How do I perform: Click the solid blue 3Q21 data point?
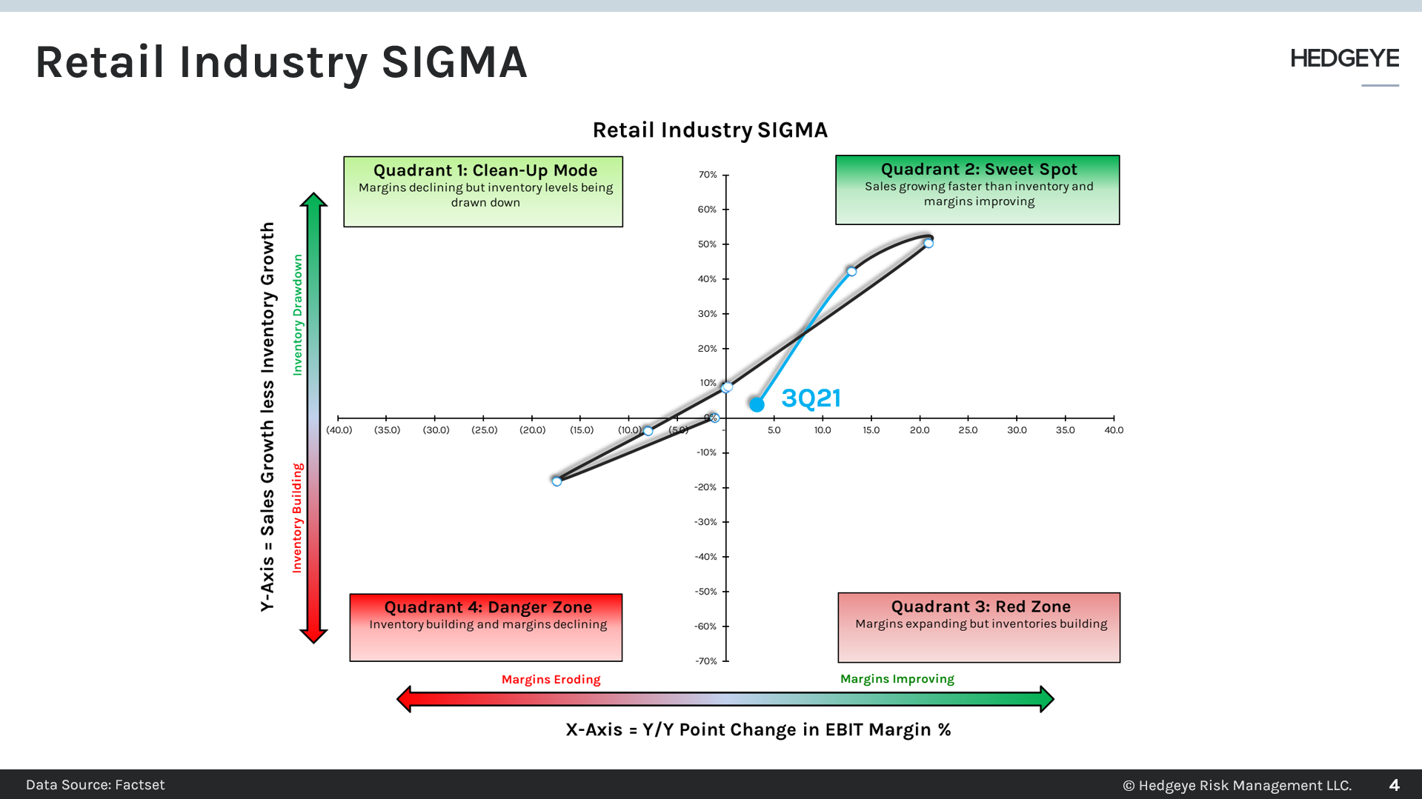[756, 404]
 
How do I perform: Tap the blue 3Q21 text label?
[811, 398]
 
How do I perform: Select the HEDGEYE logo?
[1343, 58]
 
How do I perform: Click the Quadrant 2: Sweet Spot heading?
[978, 170]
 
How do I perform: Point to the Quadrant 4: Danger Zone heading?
[488, 607]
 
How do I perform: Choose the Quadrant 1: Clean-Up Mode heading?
[485, 170]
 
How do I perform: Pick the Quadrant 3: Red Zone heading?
[980, 606]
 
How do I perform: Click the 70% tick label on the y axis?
[707, 175]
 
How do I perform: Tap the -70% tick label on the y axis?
[705, 661]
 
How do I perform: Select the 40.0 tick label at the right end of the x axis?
[1113, 430]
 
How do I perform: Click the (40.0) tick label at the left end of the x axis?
[339, 430]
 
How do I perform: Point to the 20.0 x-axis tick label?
[919, 430]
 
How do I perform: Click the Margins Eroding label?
[551, 680]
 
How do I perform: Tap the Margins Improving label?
[897, 679]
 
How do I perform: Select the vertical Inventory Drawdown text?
[298, 315]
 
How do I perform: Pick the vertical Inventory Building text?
[297, 518]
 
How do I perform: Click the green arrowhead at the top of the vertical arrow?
[313, 200]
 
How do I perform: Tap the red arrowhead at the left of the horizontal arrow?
[404, 699]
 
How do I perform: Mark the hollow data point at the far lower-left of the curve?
[556, 481]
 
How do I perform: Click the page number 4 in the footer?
[1394, 785]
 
